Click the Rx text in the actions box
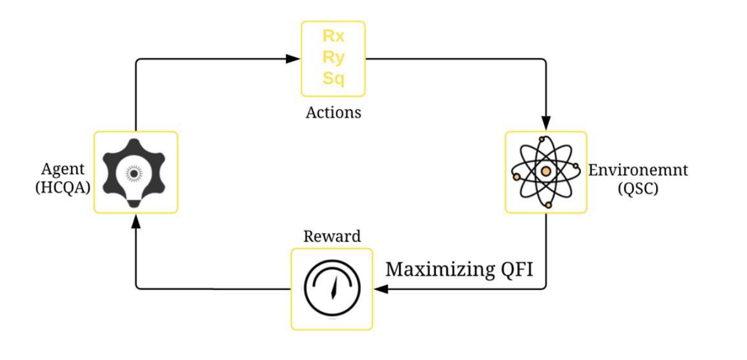point(333,36)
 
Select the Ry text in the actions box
point(333,57)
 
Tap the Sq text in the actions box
point(333,78)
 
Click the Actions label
point(333,112)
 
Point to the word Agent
point(63,169)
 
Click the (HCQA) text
point(63,188)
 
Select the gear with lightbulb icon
point(134,172)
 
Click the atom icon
point(545,172)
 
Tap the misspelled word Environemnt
point(638,170)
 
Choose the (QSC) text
point(638,189)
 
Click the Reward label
point(332,236)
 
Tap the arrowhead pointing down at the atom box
point(545,123)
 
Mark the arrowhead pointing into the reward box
point(380,289)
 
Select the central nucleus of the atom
point(545,172)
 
